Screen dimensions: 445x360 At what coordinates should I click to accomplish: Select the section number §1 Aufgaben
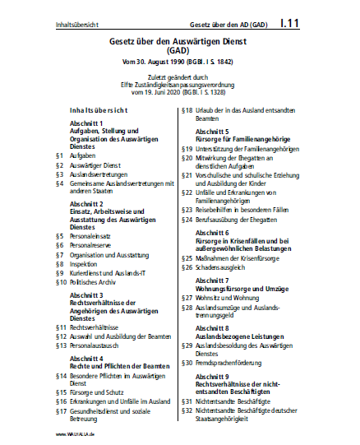tap(59, 154)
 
